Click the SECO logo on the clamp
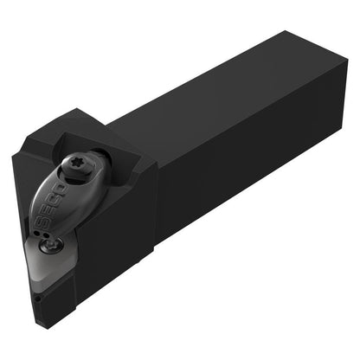52,205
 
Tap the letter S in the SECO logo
43,222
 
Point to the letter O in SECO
61,190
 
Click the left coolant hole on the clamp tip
36,233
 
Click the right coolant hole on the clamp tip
45,235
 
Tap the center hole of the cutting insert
51,247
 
